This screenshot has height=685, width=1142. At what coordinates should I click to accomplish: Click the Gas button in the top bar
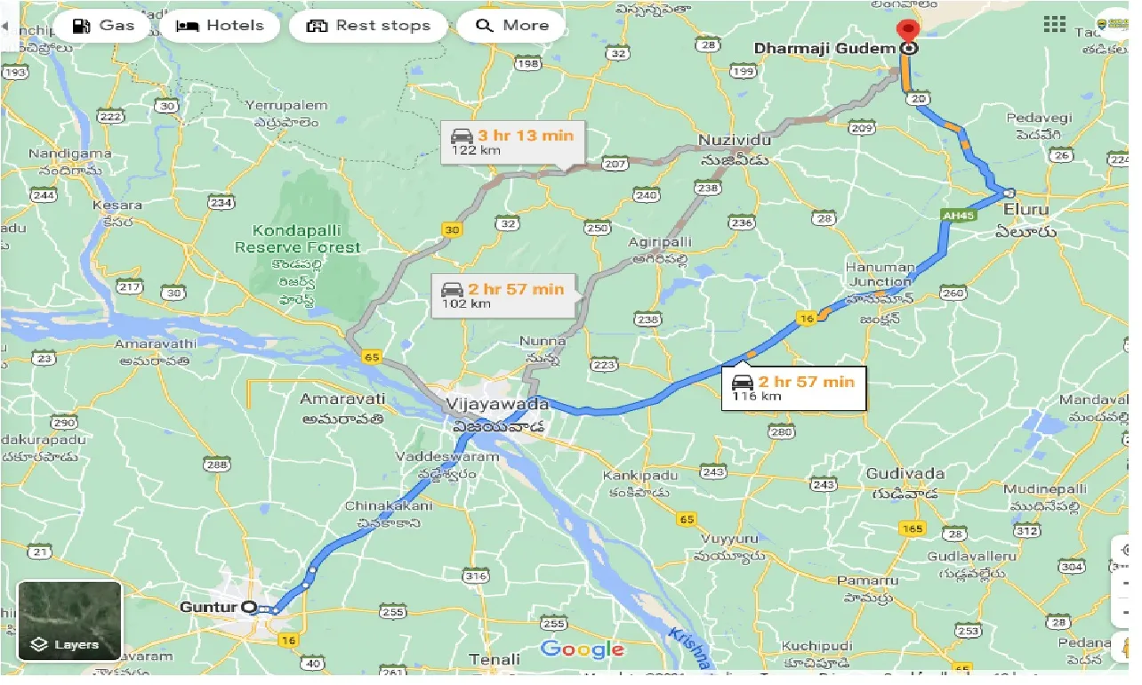pos(102,25)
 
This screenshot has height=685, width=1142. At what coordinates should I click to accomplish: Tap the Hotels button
pos(221,25)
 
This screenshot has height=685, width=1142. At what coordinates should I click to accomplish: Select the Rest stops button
pos(367,25)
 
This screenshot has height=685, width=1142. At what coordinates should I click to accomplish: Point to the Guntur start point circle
pos(249,608)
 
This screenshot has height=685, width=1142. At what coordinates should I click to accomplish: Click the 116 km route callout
pos(792,388)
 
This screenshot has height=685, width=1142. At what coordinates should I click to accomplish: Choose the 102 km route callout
pos(503,294)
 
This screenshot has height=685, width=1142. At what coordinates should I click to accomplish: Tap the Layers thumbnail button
pos(69,620)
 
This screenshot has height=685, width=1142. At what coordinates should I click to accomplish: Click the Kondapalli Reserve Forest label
pos(298,239)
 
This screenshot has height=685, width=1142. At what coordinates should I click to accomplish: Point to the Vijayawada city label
pos(498,404)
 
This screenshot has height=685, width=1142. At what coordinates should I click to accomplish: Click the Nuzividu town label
pos(733,141)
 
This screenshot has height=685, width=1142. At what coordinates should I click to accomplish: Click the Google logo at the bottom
pos(582,649)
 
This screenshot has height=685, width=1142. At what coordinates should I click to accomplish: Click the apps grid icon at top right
pos(1055,24)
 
